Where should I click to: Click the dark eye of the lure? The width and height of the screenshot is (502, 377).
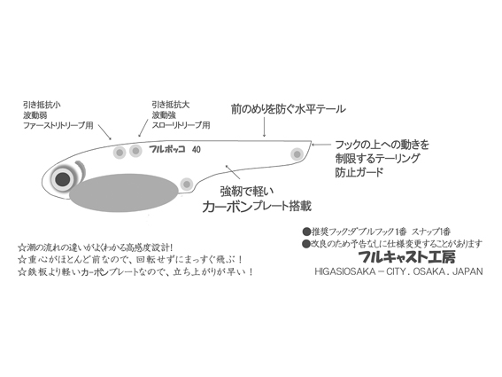point(62,179)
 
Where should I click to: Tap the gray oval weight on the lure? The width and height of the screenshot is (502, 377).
point(124,192)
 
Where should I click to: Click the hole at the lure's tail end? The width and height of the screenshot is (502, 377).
point(297,154)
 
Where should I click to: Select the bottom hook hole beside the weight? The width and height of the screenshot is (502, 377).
point(186,185)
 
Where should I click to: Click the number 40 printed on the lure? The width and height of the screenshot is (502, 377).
point(197,150)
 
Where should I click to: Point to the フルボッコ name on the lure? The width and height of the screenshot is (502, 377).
point(166,149)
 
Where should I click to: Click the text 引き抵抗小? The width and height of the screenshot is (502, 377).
point(42,105)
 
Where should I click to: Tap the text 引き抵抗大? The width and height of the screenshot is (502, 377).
point(171,105)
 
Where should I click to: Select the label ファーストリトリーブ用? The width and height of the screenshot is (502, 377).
point(58,125)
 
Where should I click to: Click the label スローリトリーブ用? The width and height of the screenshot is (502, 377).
point(181,125)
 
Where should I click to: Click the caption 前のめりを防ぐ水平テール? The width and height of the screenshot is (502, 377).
point(289,109)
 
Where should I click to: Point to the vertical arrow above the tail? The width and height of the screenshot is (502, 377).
point(264,127)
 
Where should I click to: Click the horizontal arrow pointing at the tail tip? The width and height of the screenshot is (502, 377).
point(321,145)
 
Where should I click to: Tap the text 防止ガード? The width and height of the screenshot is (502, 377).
point(359,172)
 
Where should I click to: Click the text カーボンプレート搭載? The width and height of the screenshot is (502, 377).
point(257,207)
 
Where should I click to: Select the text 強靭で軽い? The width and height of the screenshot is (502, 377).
point(247,192)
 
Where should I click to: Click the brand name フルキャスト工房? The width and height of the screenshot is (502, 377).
point(407,256)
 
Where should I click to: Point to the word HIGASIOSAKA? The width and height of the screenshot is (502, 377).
point(344,271)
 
